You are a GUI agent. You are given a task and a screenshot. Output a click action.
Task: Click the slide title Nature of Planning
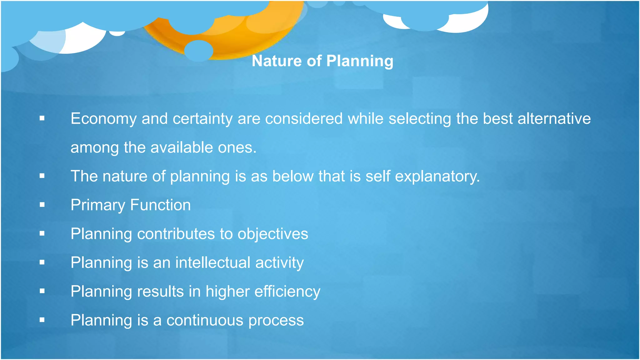[322, 61]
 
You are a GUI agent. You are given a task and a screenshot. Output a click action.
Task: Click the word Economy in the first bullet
[103, 119]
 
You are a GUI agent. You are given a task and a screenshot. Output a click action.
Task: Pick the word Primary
[98, 205]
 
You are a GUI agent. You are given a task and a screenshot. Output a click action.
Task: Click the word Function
[160, 205]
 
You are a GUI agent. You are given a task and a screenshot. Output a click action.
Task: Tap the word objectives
[272, 234]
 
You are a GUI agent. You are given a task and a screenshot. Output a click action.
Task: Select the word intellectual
[213, 262]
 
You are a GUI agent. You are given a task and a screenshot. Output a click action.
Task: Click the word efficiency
[287, 292]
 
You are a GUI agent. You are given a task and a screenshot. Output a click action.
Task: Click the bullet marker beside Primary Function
[42, 205]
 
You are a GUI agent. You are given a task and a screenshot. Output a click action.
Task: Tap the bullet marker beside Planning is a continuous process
[42, 320]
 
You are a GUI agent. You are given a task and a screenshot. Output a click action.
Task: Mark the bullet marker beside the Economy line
[42, 118]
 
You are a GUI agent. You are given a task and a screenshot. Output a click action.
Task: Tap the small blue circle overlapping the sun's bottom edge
[198, 51]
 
